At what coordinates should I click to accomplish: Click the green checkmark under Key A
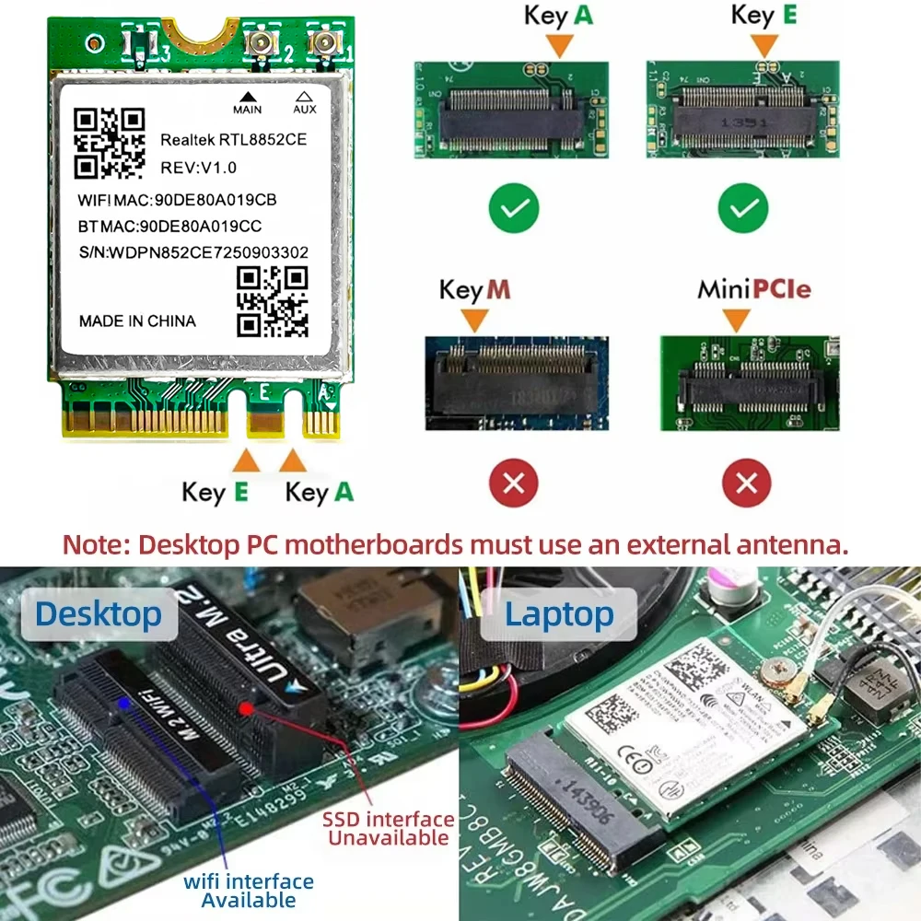[514, 209]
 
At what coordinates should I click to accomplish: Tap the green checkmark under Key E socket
[742, 209]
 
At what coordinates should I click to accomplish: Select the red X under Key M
[514, 482]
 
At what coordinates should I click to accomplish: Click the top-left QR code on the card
[110, 143]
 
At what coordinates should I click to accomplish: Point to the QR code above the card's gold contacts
[272, 301]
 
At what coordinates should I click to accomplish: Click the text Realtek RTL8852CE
[233, 140]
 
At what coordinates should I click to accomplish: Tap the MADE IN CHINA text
[137, 321]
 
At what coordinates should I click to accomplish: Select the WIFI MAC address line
[177, 200]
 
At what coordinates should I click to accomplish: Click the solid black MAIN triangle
[247, 96]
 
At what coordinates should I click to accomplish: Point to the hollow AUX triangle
[304, 96]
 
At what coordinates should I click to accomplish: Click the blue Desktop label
[99, 613]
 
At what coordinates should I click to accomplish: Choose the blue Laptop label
[559, 614]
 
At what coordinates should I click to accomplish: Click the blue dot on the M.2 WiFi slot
[124, 703]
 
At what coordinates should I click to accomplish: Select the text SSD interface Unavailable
[388, 828]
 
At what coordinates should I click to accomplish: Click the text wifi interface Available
[248, 891]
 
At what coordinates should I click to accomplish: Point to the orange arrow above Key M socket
[474, 320]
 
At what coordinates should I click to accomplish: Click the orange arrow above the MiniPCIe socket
[735, 320]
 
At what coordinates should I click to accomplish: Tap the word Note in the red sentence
[95, 543]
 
